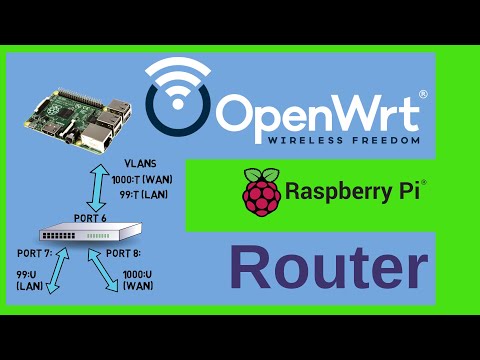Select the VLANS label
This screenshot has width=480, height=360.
(139, 162)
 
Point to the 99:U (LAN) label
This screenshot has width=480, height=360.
(30, 279)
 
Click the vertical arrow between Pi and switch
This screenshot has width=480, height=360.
(94, 181)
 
